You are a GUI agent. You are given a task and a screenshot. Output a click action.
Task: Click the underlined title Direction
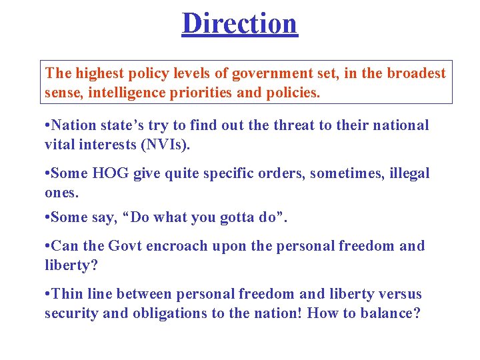pyautogui.click(x=239, y=23)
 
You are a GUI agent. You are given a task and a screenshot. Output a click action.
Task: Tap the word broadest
pyautogui.click(x=415, y=73)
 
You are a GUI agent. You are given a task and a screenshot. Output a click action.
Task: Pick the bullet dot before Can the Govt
pyautogui.click(x=47, y=247)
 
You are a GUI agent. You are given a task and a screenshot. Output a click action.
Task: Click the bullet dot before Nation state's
pyautogui.click(x=47, y=126)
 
